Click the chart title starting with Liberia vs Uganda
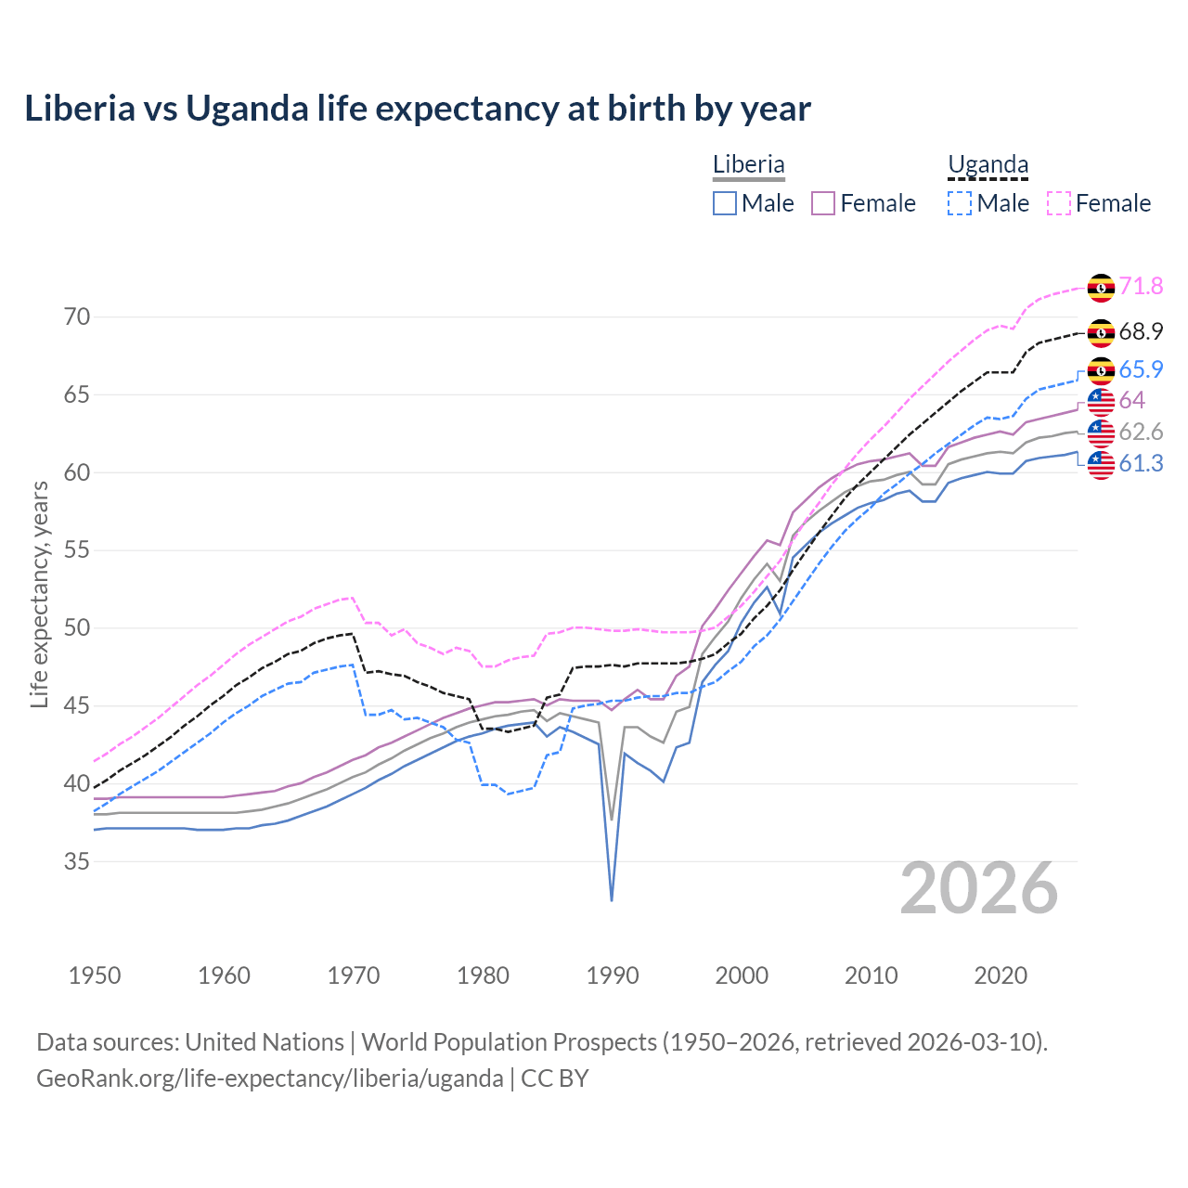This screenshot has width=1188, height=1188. tap(418, 109)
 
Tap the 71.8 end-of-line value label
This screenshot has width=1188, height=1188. tap(1141, 287)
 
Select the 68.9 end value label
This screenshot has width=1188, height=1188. tap(1141, 332)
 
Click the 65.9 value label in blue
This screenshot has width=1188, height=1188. tap(1141, 369)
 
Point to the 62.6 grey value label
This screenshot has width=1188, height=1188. tap(1141, 432)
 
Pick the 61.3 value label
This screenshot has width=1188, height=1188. tap(1141, 463)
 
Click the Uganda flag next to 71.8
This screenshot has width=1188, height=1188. tap(1101, 288)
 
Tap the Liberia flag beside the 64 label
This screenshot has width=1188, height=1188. tap(1101, 401)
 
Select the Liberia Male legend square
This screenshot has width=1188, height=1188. tap(725, 203)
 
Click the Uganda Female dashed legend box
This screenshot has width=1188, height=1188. tap(1059, 203)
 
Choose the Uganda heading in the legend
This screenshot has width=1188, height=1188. tap(988, 165)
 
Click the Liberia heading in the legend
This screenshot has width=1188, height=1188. tap(748, 165)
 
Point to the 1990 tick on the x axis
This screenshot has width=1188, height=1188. tap(613, 975)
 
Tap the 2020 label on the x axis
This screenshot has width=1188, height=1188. tap(1001, 975)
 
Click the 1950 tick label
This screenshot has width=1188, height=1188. tap(95, 975)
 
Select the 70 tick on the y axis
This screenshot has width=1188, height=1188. tap(77, 317)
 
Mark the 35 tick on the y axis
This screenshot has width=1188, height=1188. tap(77, 861)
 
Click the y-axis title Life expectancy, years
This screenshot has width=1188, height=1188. tap(40, 594)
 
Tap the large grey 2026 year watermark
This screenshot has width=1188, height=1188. tap(979, 889)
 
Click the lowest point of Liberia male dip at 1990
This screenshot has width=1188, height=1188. tap(612, 900)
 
